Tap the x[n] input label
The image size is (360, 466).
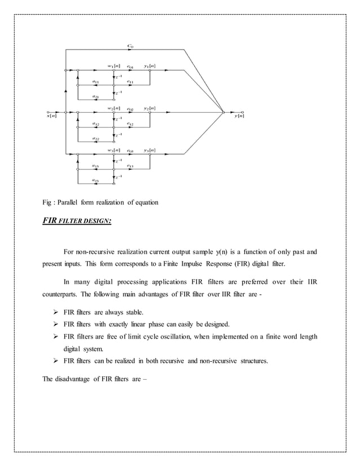[x=51, y=116]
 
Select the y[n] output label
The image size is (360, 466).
[x=239, y=116]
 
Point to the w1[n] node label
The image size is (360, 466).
[x=113, y=66]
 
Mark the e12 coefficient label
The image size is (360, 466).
[x=130, y=124]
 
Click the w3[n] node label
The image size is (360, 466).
[x=113, y=150]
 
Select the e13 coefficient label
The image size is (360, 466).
[x=130, y=166]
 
